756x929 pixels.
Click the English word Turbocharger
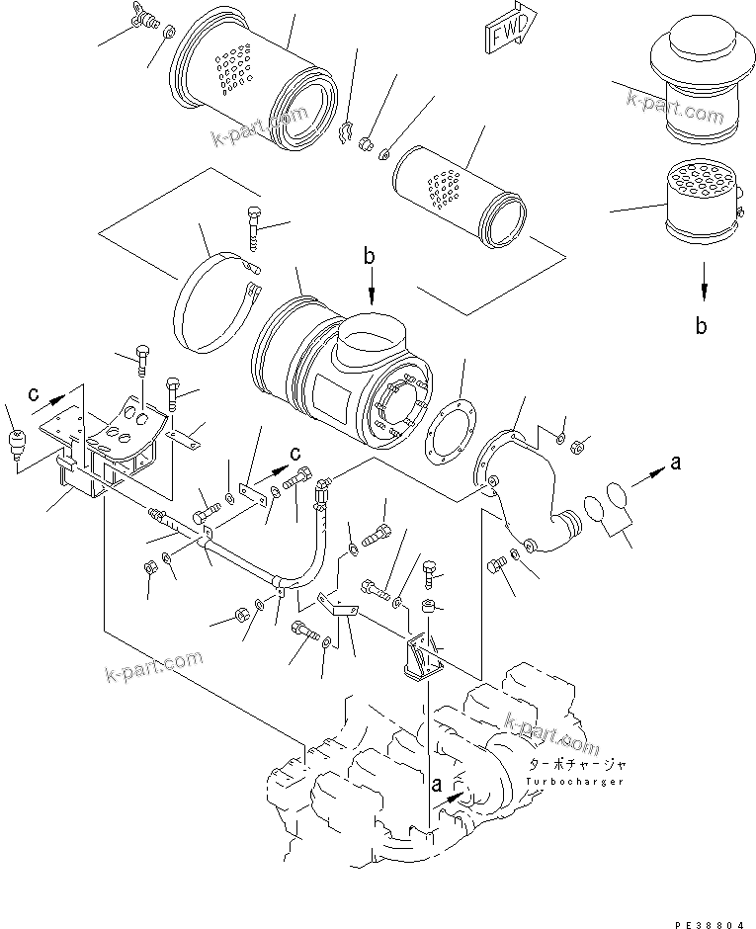[x=575, y=782]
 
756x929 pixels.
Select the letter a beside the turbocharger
[x=436, y=785]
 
